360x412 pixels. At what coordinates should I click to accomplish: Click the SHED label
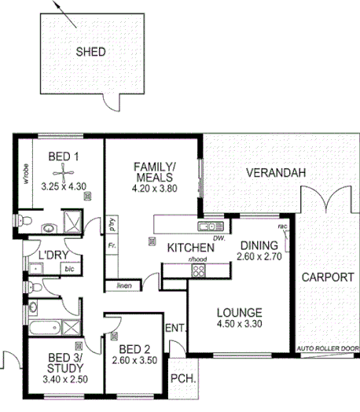click(90, 52)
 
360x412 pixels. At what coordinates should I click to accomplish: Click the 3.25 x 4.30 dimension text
click(63, 186)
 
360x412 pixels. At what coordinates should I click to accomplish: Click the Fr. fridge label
click(111, 246)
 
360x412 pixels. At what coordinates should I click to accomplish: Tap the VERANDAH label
click(274, 173)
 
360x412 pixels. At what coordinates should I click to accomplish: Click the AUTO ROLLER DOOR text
click(327, 348)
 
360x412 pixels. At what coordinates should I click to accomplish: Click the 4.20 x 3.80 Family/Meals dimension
click(153, 189)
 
